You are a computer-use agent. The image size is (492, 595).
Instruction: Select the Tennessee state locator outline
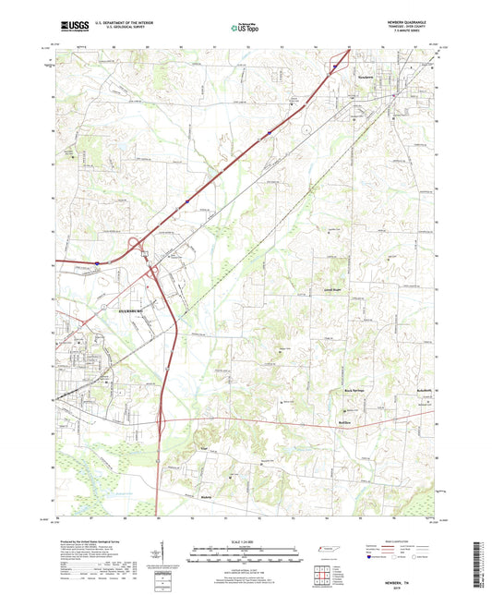(326, 550)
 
